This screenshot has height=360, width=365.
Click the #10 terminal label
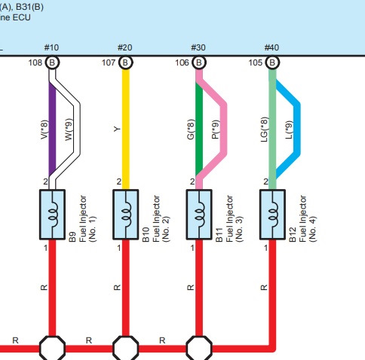51,47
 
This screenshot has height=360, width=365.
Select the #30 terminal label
198,47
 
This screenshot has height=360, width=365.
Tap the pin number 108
35,63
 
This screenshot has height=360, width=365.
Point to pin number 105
256,63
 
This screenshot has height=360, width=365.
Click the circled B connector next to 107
125,63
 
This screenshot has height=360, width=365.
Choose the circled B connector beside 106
199,63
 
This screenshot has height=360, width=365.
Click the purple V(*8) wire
52,129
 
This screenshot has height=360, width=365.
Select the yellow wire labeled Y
126,130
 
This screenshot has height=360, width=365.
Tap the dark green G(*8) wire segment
199,129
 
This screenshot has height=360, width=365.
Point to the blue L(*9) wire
297,129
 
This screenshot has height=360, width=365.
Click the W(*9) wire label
69,130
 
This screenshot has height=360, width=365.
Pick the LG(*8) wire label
265,130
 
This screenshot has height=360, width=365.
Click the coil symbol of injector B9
54,215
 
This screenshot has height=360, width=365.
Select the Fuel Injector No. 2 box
126,215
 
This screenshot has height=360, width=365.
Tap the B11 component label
219,235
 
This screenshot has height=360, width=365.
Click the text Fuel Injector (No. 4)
308,218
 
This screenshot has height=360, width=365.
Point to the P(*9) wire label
216,130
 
